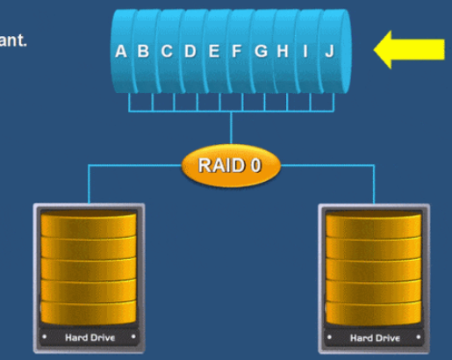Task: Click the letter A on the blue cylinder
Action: click(120, 51)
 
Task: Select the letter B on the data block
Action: click(143, 51)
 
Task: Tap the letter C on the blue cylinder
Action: click(166, 51)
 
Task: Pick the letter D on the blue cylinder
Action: click(190, 51)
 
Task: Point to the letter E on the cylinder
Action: click(213, 51)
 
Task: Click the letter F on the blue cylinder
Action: click(236, 51)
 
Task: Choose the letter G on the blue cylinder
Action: click(261, 51)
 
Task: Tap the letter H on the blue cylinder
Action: click(282, 51)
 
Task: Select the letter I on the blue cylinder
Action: click(305, 51)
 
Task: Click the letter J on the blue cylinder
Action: click(328, 51)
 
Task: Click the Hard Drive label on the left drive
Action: click(89, 337)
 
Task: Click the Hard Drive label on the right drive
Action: click(374, 337)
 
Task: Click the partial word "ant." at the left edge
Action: click(13, 40)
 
